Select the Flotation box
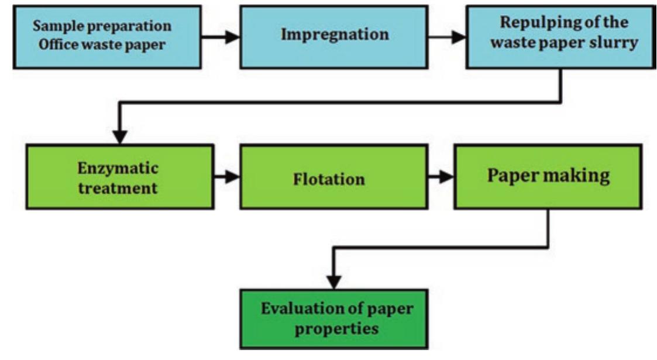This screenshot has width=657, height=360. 329,178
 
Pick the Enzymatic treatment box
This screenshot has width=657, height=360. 119,178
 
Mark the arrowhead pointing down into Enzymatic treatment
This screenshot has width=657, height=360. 120,136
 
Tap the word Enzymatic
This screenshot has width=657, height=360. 119,169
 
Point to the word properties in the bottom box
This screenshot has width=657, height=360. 335,329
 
